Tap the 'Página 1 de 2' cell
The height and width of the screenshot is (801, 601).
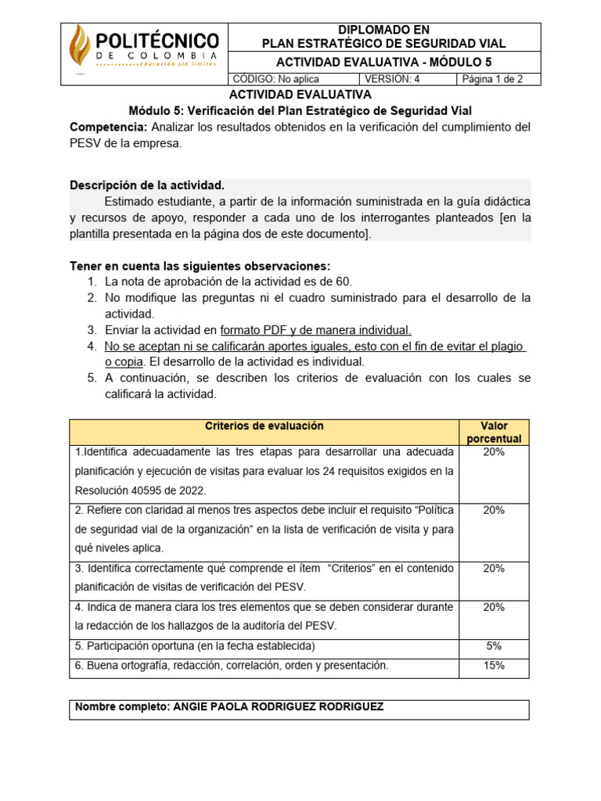click(492, 79)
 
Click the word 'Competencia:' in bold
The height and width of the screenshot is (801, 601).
click(109, 127)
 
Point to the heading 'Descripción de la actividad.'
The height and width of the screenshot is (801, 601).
click(147, 185)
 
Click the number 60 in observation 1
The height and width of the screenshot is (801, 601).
click(344, 282)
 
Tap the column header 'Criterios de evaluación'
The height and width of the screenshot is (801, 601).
click(264, 426)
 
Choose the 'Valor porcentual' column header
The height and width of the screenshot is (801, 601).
click(494, 433)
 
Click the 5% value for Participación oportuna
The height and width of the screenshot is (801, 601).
click(494, 646)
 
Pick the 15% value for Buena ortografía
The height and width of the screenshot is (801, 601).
click(494, 666)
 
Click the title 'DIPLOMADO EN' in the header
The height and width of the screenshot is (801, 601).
click(384, 30)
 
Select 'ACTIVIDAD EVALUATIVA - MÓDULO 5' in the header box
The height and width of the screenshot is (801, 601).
click(384, 63)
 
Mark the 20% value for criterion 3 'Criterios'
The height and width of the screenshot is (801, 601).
click(494, 569)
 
